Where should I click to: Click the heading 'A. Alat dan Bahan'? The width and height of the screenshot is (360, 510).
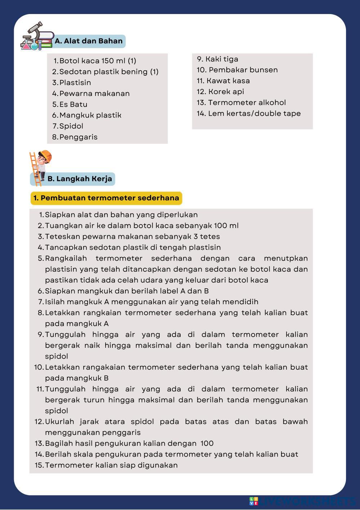coord(89,41)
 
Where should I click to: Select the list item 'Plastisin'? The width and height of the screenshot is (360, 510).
coord(75,83)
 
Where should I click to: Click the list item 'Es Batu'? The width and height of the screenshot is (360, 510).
coord(73,104)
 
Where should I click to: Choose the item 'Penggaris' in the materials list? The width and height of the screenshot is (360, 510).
coord(78,137)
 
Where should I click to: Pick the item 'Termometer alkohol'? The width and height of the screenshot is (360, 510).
coord(246,102)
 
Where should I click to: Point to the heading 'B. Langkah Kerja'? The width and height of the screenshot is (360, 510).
coord(80,179)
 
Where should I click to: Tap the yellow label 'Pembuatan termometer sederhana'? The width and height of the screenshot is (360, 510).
coord(106,198)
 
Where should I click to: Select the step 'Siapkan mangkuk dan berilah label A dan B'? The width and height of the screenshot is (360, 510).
coord(126,291)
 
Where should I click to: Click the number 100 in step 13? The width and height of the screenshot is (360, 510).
coord(207,443)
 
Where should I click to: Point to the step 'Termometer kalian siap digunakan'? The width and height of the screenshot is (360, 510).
coord(111,465)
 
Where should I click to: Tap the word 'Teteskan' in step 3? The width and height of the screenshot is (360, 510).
coord(62,236)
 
